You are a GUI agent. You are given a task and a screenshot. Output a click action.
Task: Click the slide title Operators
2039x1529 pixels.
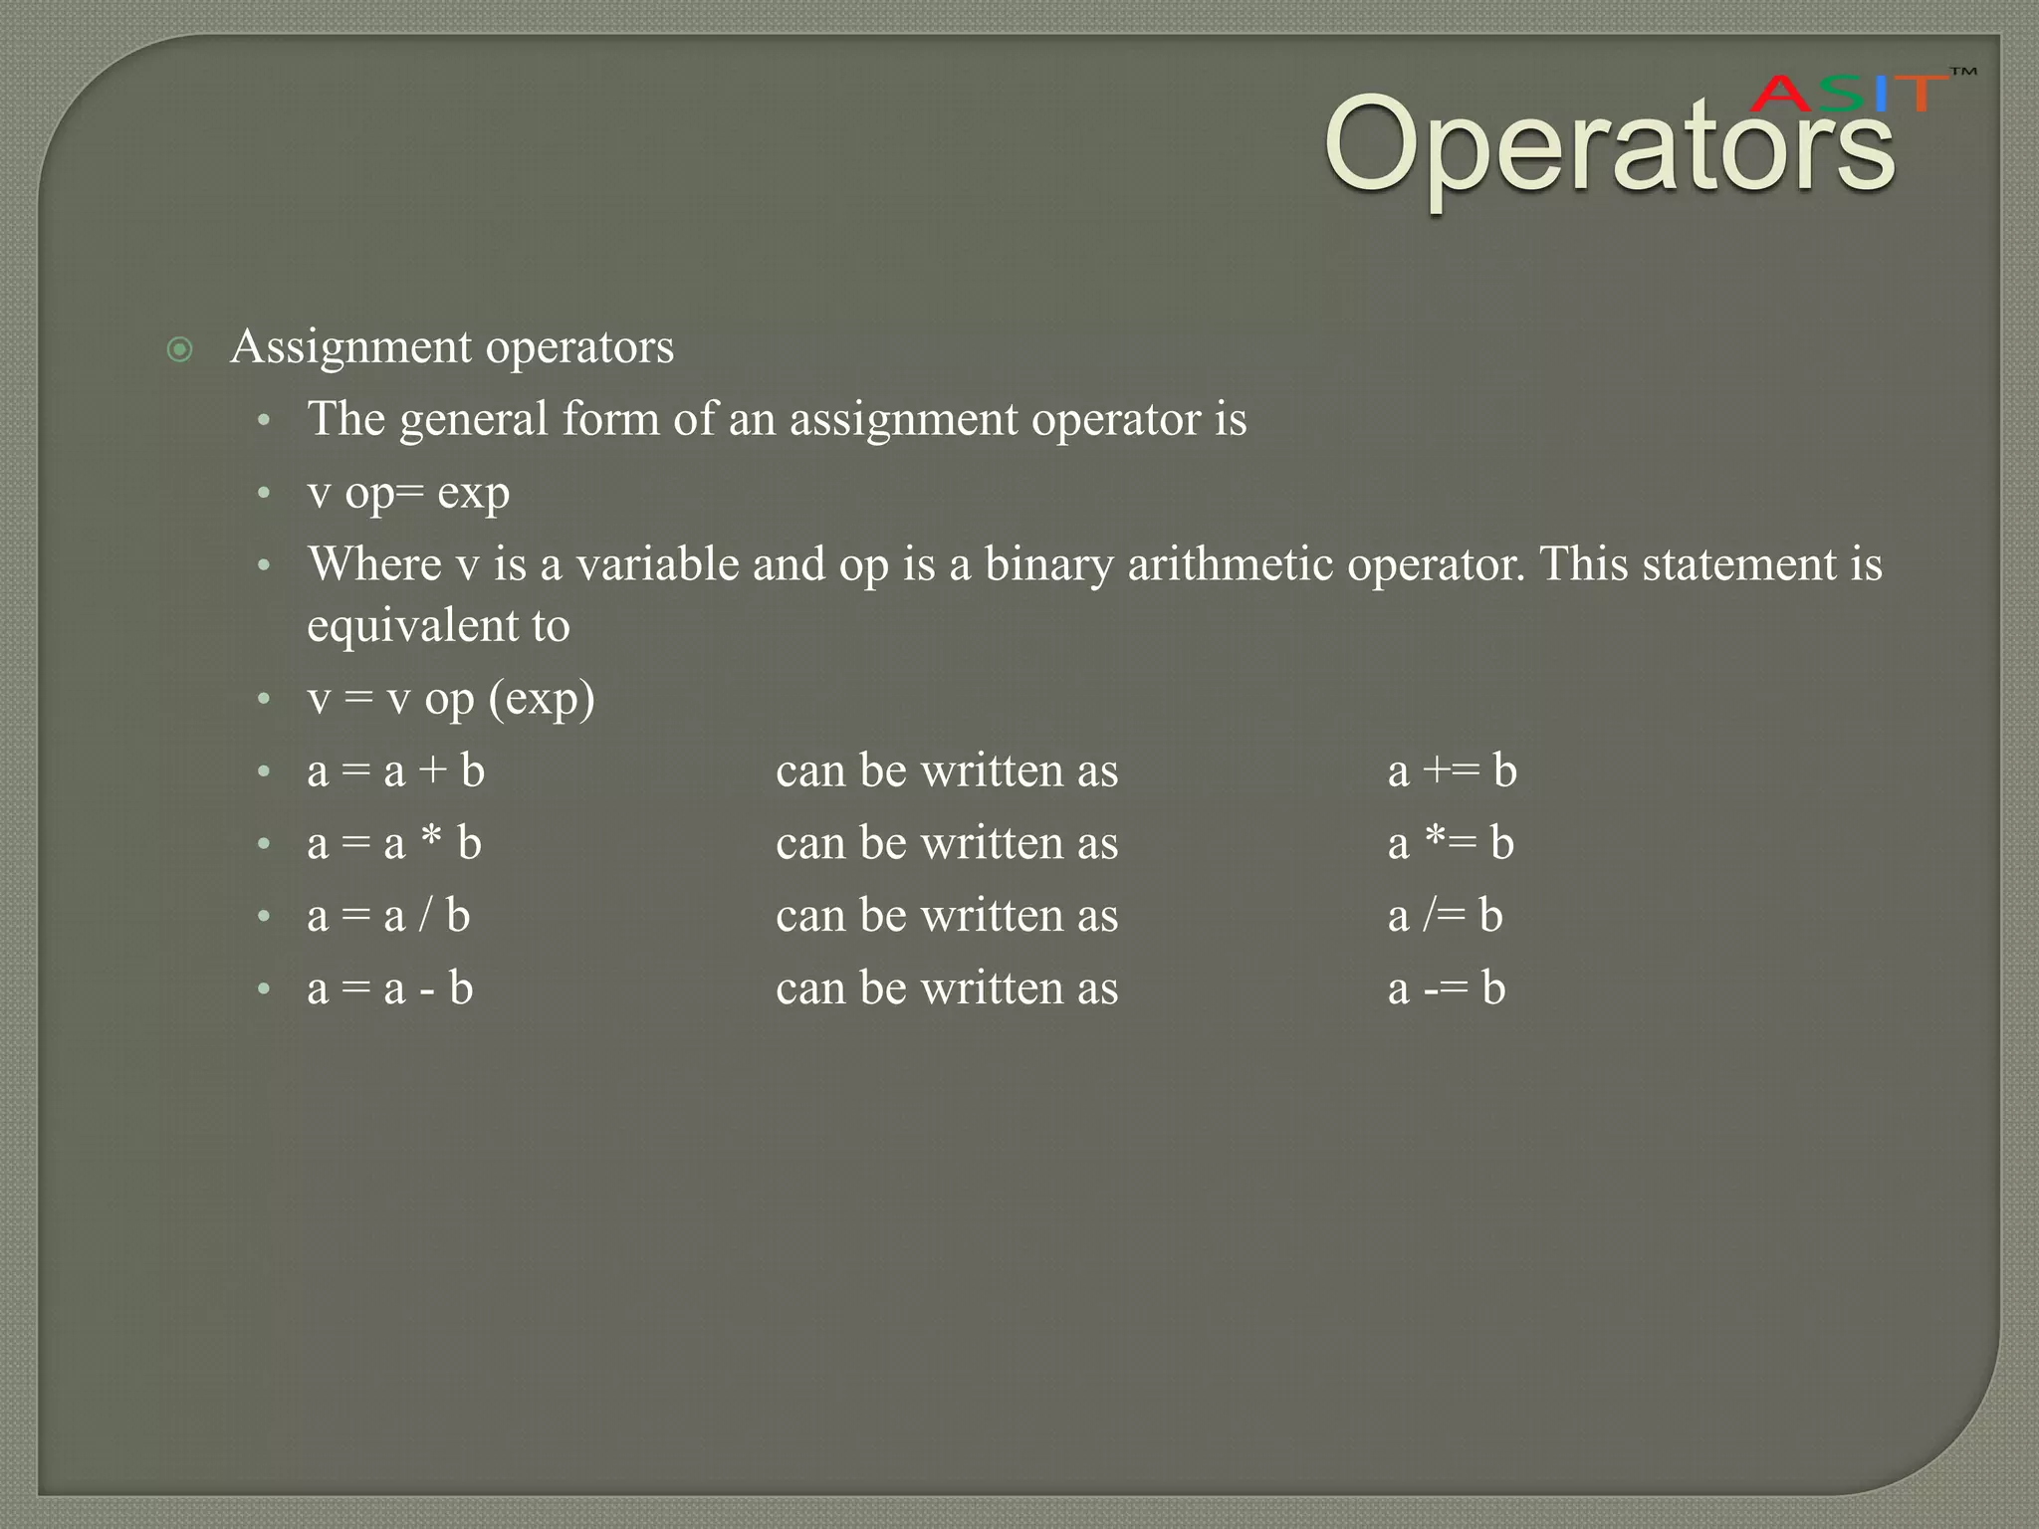1608,147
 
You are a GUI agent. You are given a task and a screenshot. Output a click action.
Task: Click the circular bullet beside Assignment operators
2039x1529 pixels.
179,349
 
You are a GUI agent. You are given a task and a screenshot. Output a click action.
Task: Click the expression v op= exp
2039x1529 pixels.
408,493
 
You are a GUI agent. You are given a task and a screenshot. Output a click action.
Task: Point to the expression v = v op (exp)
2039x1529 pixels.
451,699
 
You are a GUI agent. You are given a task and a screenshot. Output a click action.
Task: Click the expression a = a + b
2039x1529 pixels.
396,771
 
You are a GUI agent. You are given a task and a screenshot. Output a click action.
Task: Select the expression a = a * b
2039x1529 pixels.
394,844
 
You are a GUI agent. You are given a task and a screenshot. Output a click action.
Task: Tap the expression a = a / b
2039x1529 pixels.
388,916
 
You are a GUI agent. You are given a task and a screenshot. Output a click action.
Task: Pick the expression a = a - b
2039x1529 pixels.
390,988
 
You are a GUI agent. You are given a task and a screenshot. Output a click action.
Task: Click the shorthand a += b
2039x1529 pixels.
1452,771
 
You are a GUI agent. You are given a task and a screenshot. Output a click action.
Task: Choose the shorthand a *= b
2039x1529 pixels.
1451,844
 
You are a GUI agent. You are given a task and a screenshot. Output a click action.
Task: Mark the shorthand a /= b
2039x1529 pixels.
1445,916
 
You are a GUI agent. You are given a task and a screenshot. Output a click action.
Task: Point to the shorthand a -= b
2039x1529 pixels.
1446,988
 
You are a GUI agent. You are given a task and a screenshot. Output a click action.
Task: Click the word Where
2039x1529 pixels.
374,564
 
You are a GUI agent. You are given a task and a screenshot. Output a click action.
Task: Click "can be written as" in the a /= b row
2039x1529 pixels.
947,916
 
